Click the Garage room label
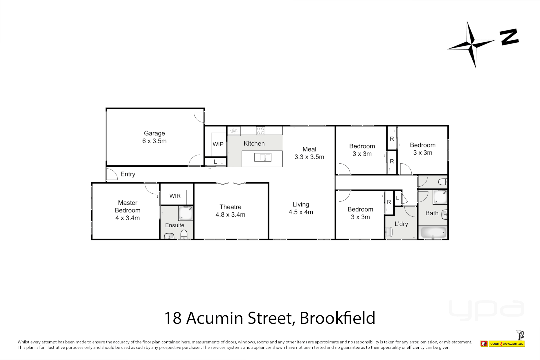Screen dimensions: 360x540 coord(154,133)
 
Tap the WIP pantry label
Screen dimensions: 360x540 coord(218,144)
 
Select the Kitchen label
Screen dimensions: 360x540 coord(254,143)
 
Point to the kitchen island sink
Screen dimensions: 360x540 coord(263,157)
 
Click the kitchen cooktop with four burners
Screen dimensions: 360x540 coord(260,131)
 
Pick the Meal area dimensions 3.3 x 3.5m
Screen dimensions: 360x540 coord(309,157)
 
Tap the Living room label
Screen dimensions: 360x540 coord(301,204)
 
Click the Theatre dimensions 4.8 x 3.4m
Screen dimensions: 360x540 coord(230,215)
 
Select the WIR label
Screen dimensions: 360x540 coord(175,196)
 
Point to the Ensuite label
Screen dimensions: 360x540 coord(175,225)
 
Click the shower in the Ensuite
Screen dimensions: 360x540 coord(186,213)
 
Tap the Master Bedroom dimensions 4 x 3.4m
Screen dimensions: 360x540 coord(128,218)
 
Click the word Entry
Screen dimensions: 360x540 coord(128,174)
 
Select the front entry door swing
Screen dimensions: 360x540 coord(112,174)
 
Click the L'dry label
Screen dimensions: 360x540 coord(401,224)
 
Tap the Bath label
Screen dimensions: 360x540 coord(432,213)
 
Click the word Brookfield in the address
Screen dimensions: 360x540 coord(337,318)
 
